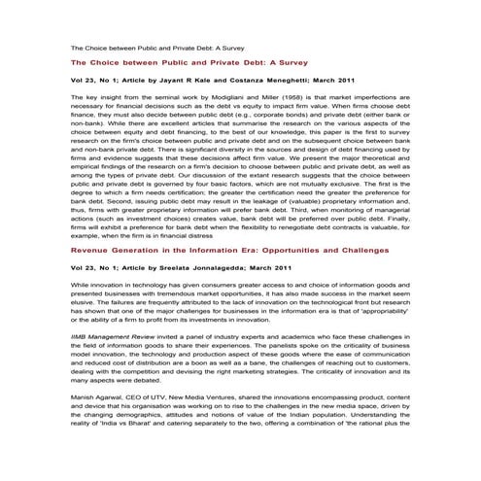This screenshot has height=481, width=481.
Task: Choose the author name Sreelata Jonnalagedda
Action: (210, 266)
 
